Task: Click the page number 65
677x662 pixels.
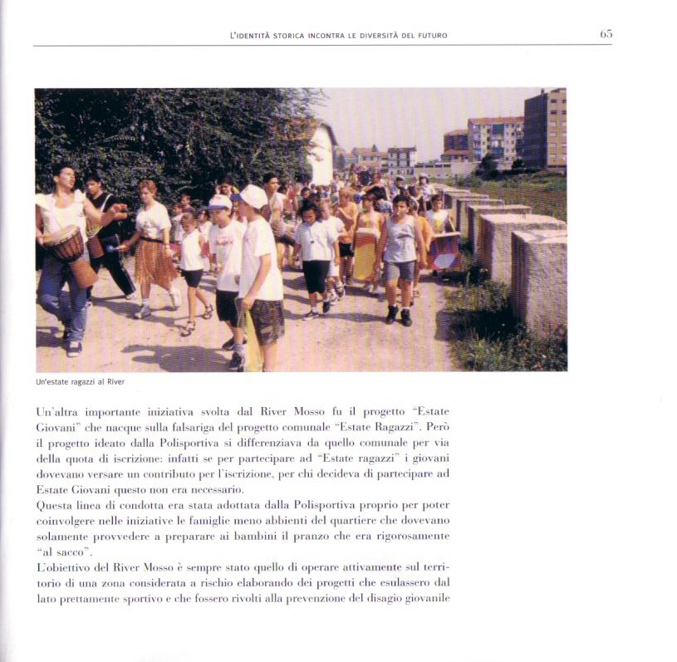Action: (606, 34)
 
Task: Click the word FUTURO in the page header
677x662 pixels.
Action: (431, 35)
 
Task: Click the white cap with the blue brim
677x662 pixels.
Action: (220, 203)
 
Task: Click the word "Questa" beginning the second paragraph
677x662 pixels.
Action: (56, 505)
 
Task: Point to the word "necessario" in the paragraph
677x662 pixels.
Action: (215, 490)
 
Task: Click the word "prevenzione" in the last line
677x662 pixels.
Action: (312, 598)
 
